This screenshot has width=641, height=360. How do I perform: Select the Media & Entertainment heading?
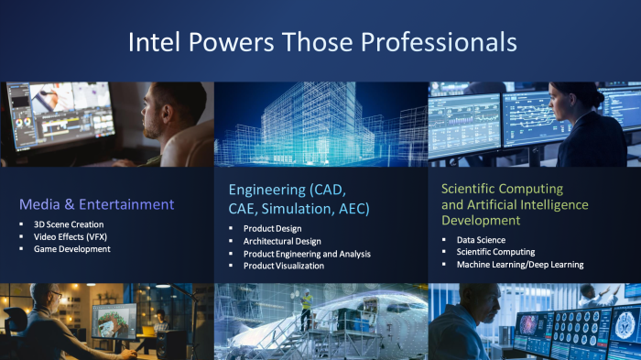(x=96, y=203)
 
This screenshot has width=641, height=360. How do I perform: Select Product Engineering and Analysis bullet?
(x=307, y=254)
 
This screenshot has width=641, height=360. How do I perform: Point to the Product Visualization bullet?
(x=284, y=266)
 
